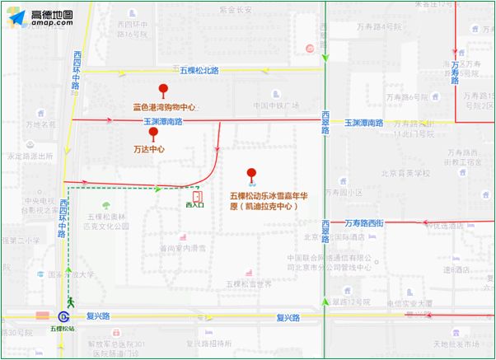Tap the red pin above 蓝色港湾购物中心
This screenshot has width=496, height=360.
[x=164, y=91]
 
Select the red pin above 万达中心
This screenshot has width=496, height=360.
[x=152, y=133]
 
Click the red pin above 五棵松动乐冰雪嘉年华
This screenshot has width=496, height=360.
[x=252, y=175]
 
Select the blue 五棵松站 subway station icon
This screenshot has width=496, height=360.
[x=63, y=316]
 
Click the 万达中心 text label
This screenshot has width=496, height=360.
[x=149, y=150]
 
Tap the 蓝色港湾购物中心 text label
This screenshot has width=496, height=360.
[x=166, y=107]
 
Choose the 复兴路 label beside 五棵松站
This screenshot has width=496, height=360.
[x=98, y=316]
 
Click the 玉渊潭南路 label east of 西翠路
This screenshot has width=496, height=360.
[x=363, y=122]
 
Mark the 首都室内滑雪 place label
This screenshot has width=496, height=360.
[x=182, y=247]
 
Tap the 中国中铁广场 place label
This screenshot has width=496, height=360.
[x=275, y=105]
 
